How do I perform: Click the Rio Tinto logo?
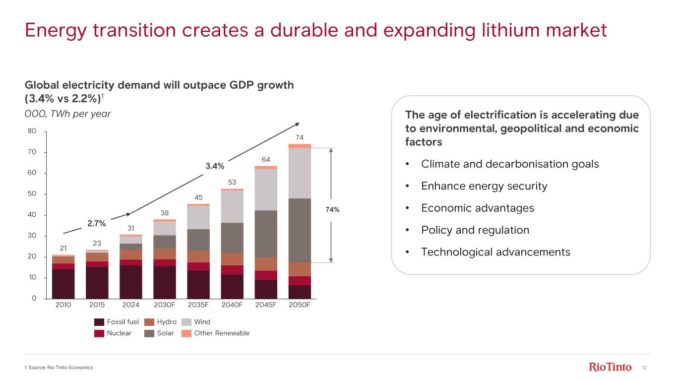610,367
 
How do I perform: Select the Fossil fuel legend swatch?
99,321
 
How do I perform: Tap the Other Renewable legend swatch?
186,333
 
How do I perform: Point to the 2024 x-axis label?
130,305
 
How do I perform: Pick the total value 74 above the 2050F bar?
299,137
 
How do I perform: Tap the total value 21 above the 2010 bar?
63,248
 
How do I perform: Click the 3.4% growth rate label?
215,166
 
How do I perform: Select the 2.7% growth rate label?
97,223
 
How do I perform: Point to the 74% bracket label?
332,210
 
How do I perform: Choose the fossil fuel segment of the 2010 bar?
63,284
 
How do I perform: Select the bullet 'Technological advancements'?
495,252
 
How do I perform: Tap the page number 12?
645,368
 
